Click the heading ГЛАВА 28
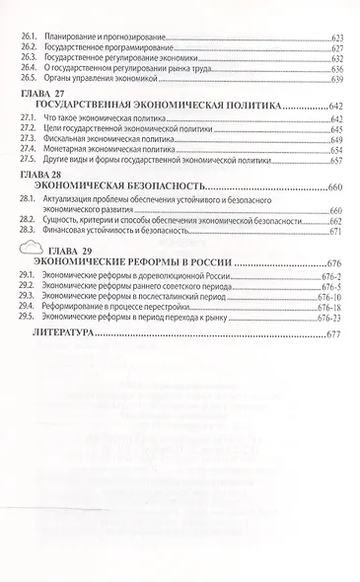(40, 173)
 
